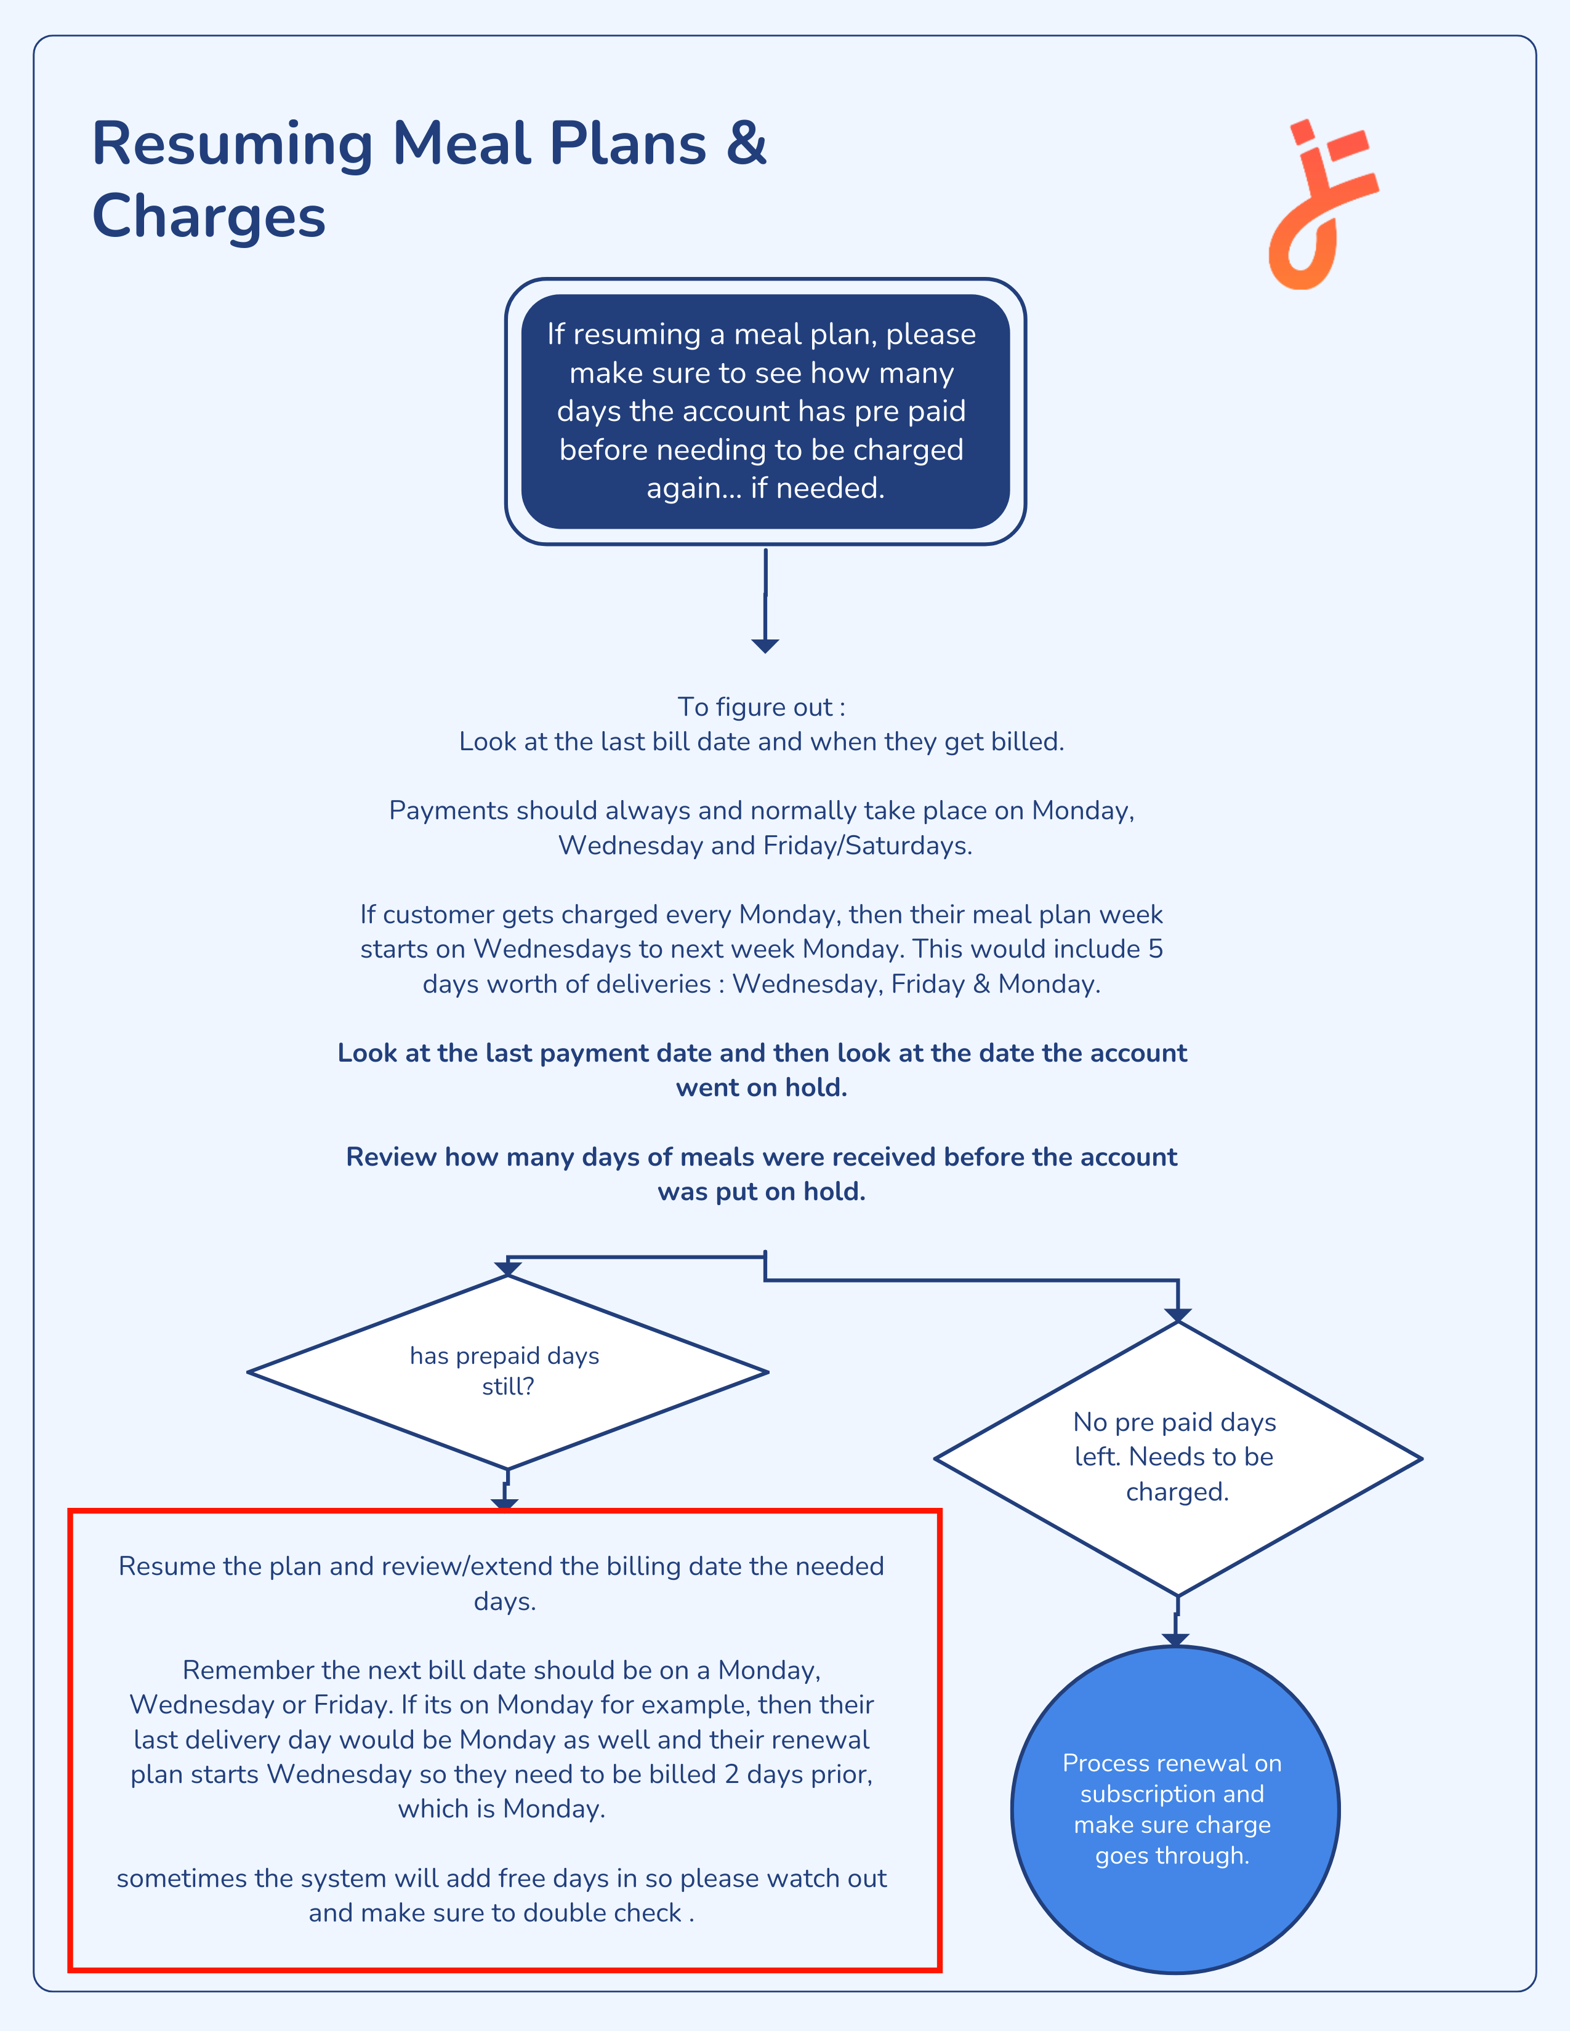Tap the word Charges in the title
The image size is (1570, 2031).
209,217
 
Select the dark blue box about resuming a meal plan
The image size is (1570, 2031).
765,411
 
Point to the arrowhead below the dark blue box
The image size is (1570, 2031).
765,646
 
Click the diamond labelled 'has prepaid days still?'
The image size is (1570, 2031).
508,1372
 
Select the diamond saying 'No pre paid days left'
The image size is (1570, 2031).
1177,1458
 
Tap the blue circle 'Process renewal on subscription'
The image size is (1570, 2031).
1175,1809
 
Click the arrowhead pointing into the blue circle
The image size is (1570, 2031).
1175,1640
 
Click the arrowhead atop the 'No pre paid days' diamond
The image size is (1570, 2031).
1177,1315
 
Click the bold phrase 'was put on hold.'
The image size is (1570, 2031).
762,1192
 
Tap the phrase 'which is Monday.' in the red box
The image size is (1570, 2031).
502,1809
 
